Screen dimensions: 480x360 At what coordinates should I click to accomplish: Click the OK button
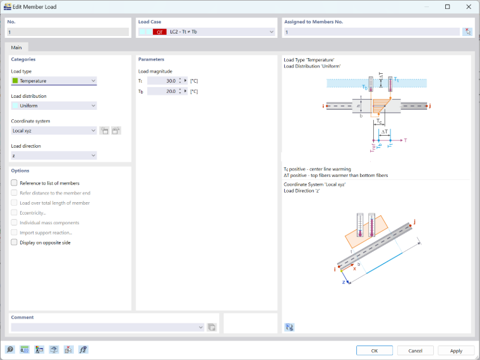pos(374,351)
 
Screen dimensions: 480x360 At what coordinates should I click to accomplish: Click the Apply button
pos(456,351)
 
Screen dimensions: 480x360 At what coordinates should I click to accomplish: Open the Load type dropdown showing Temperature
pos(54,81)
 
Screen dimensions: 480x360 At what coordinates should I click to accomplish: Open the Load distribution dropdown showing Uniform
pos(54,105)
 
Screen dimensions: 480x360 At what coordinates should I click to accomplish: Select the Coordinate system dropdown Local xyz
pos(54,131)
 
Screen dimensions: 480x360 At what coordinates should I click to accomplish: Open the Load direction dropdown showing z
pos(54,155)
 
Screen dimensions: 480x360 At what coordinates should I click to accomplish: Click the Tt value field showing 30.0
pos(162,81)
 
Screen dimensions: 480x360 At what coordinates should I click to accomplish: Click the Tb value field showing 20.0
pos(162,91)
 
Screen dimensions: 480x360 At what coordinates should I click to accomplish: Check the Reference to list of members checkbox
pos(14,183)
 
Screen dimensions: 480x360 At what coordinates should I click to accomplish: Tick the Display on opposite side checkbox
pos(14,242)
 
